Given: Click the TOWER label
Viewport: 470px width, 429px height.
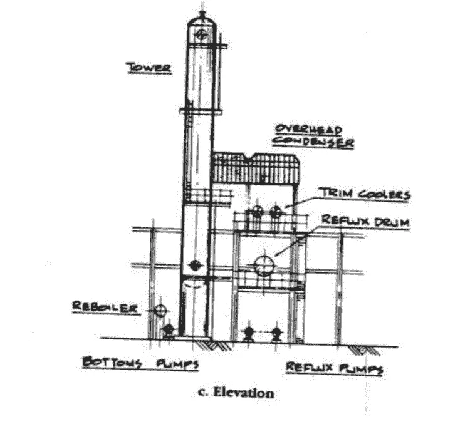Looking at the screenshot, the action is click(x=149, y=68).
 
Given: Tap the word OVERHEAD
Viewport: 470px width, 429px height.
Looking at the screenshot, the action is click(x=309, y=130).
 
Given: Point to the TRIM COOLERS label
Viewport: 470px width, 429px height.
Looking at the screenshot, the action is click(x=365, y=194).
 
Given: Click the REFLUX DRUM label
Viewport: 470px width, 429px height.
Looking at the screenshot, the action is click(x=365, y=221).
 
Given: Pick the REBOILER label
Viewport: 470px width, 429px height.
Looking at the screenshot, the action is click(x=105, y=307).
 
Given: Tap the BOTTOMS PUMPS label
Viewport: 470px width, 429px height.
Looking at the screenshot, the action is click(x=140, y=363).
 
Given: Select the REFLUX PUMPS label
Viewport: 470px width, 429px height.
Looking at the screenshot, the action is click(x=334, y=368).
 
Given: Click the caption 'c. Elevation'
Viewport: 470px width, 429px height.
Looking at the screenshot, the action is click(x=236, y=393).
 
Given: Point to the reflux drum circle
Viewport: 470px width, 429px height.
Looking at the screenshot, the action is click(x=264, y=266).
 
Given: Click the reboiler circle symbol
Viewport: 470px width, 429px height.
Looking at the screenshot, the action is click(x=160, y=310).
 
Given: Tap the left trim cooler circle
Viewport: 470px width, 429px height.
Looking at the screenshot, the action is click(x=257, y=212).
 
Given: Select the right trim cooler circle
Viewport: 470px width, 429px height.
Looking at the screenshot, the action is click(x=276, y=212).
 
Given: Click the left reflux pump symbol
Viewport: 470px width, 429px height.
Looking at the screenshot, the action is click(x=248, y=334).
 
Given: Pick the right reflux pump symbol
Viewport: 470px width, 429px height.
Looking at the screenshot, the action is click(x=276, y=334).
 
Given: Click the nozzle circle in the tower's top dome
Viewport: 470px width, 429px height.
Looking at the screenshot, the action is click(x=201, y=34).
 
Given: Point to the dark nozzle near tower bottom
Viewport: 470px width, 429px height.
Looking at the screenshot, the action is click(x=195, y=265).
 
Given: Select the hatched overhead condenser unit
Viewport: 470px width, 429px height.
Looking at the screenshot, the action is click(x=256, y=168).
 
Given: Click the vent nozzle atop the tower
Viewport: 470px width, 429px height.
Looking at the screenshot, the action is click(x=202, y=14).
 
